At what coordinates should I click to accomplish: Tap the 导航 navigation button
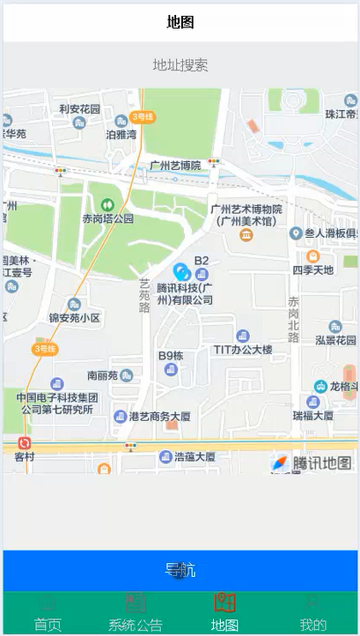click(x=180, y=570)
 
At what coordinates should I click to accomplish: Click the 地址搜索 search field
click(x=180, y=65)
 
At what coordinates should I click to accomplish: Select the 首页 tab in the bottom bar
click(x=48, y=615)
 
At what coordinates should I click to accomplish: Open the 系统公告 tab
click(x=135, y=615)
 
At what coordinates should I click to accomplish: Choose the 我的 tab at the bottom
click(x=312, y=615)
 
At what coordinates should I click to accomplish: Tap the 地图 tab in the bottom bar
click(x=225, y=615)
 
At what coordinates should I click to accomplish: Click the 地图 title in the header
click(x=180, y=22)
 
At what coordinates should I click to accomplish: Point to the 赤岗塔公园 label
click(x=107, y=218)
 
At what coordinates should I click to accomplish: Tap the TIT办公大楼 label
click(x=243, y=349)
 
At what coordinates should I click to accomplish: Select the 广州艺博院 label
click(x=175, y=166)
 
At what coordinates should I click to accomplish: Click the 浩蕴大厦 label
click(x=194, y=457)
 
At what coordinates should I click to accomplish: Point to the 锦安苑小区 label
click(x=75, y=317)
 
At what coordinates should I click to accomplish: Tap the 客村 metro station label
click(x=24, y=456)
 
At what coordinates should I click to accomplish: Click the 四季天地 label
click(x=313, y=269)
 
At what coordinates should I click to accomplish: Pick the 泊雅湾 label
click(x=121, y=135)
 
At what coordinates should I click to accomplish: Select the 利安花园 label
click(x=79, y=109)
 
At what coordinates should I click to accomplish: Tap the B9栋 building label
click(x=171, y=356)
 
